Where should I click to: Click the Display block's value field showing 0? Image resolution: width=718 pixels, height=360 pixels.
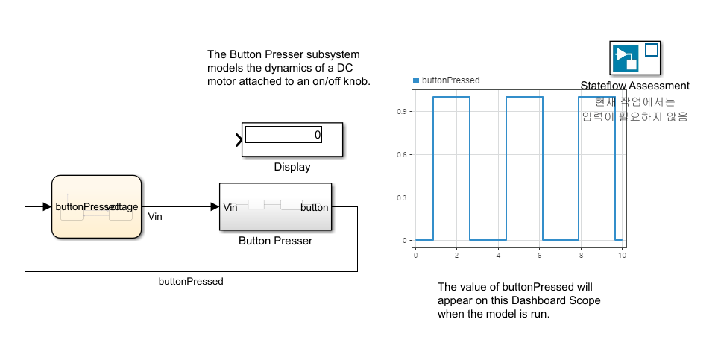[283, 135]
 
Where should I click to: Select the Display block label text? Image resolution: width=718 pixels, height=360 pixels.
[292, 167]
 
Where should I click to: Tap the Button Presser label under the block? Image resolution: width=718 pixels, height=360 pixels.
[275, 241]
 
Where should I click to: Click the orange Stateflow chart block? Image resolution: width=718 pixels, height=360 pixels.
[96, 206]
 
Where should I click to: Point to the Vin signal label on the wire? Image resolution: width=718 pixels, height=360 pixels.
[155, 217]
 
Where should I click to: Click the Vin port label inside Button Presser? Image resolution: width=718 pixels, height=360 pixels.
[230, 207]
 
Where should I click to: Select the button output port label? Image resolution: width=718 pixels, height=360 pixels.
[314, 207]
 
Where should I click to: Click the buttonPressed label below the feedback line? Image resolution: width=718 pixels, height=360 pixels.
[191, 282]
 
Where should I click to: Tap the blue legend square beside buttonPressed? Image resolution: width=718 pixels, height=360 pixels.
[416, 80]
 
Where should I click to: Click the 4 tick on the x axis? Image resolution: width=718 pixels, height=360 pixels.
[498, 255]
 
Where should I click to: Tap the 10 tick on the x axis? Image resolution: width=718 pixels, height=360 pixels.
[621, 255]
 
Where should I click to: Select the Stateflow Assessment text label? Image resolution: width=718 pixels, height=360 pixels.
[634, 86]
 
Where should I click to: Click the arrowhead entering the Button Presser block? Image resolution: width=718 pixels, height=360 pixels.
[215, 206]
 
